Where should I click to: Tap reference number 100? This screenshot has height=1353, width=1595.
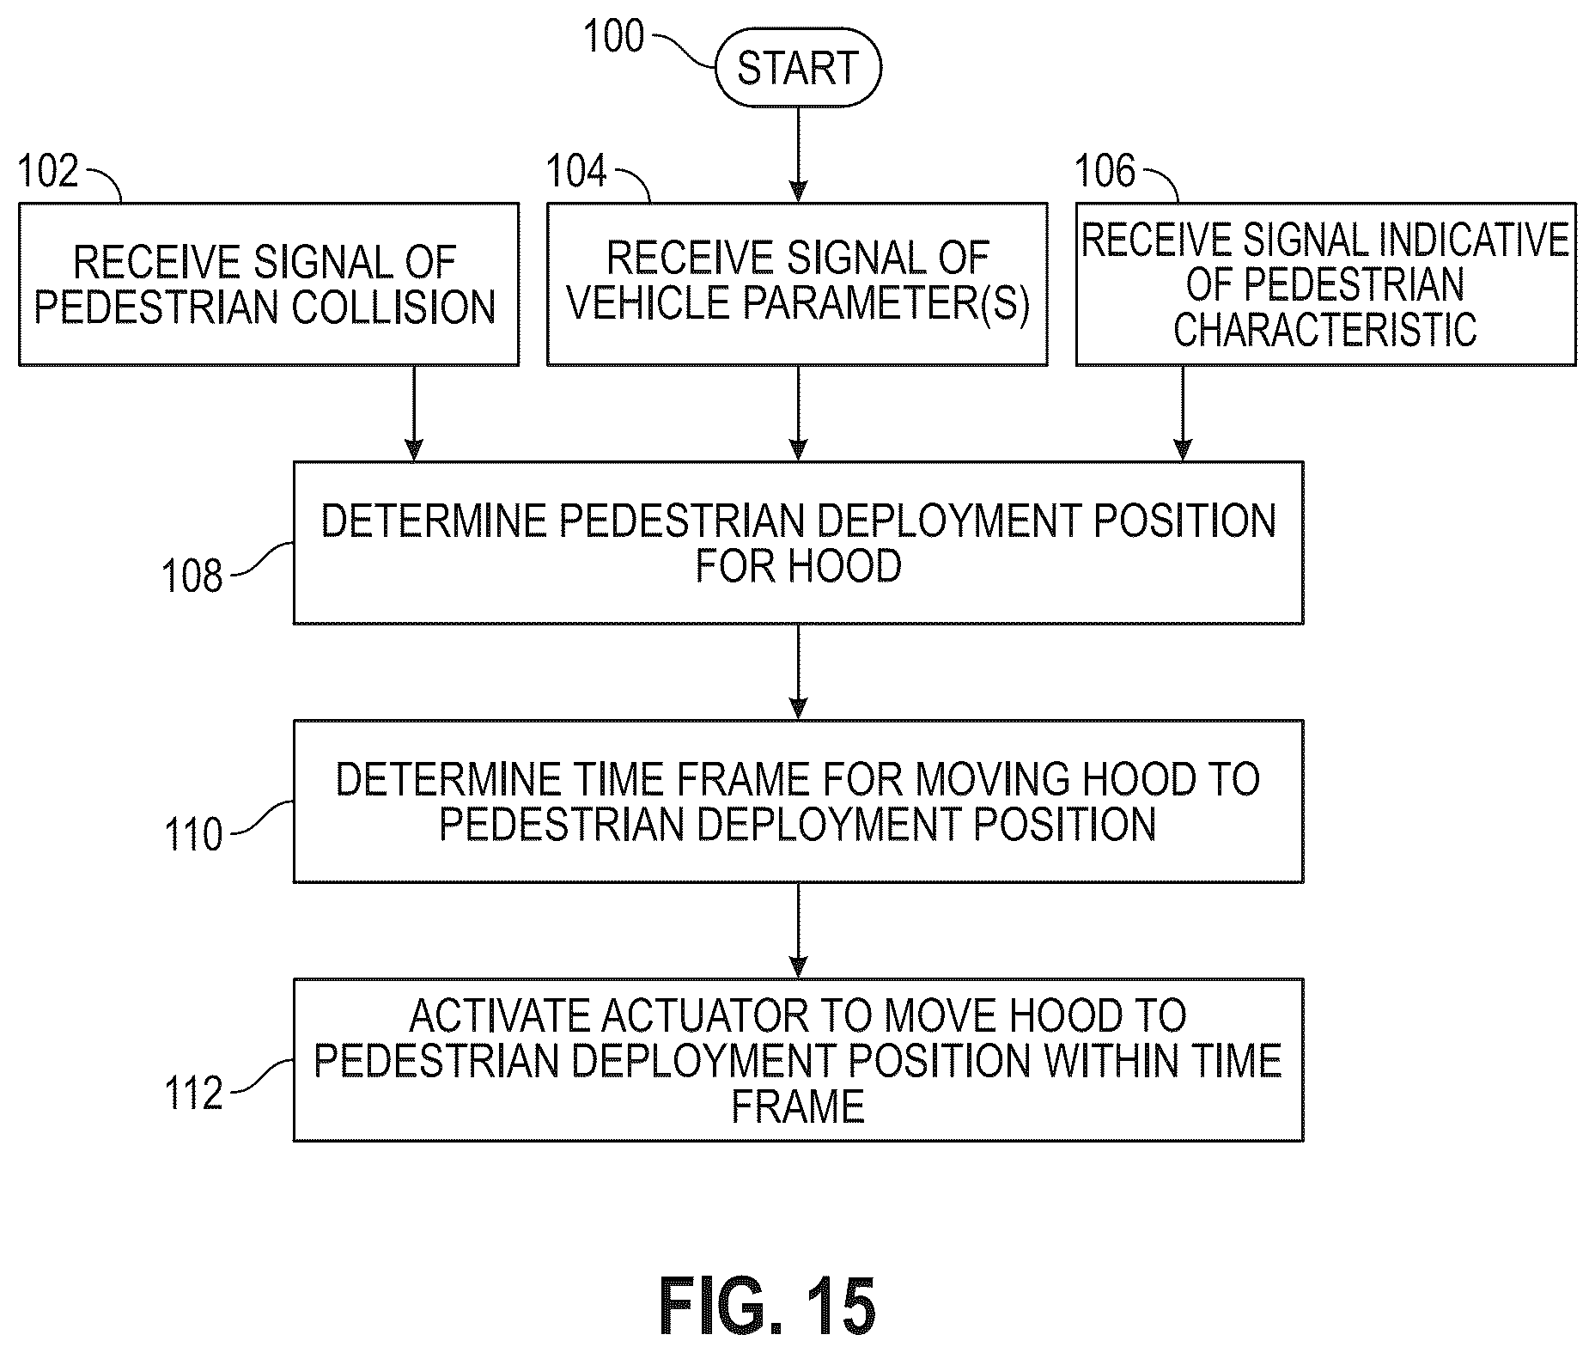pyautogui.click(x=613, y=37)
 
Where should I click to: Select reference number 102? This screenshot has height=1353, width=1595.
pyautogui.click(x=48, y=171)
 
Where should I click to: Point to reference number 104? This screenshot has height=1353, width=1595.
pyautogui.click(x=576, y=171)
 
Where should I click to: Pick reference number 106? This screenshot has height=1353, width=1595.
pyautogui.click(x=1105, y=171)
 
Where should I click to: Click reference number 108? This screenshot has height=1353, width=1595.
pyautogui.click(x=192, y=576)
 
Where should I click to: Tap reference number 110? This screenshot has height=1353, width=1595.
pyautogui.click(x=193, y=834)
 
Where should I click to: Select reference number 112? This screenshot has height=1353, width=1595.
pyautogui.click(x=193, y=1093)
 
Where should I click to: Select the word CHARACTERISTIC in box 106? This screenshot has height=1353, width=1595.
pyautogui.click(x=1325, y=330)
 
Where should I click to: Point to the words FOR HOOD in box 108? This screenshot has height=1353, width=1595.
pyautogui.click(x=799, y=566)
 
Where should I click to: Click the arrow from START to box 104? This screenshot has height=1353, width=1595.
pyautogui.click(x=799, y=155)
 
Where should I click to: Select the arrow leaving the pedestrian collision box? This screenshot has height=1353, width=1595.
pyautogui.click(x=414, y=413)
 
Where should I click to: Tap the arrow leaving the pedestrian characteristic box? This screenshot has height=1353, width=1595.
pyautogui.click(x=1183, y=413)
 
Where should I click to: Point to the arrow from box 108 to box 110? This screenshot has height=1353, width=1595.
pyautogui.click(x=799, y=672)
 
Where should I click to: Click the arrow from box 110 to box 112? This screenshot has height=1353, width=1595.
pyautogui.click(x=799, y=930)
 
